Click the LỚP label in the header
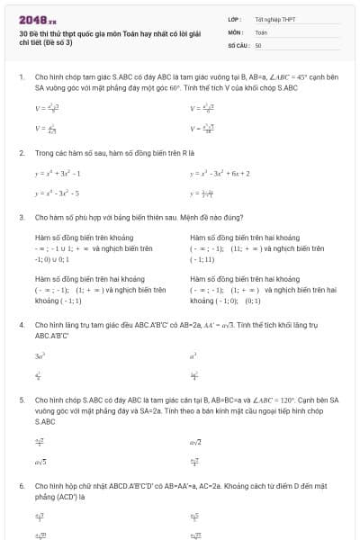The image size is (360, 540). coord(233,18)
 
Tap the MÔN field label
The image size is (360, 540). coord(234,31)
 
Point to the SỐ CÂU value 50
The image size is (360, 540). coord(258,44)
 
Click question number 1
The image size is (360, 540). coord(22,77)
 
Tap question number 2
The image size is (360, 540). coord(22,153)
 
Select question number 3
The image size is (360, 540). coord(22,218)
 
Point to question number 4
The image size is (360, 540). coord(22,323)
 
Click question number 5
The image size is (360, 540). coord(22,399)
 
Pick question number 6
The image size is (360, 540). coord(22,485)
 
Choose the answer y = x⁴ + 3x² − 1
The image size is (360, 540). coord(58,173)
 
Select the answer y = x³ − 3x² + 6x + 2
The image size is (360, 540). coord(220,173)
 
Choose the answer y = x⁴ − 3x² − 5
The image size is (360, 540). coord(58,193)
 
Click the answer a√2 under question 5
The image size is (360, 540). coord(195,442)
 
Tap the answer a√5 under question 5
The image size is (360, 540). coord(40,462)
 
